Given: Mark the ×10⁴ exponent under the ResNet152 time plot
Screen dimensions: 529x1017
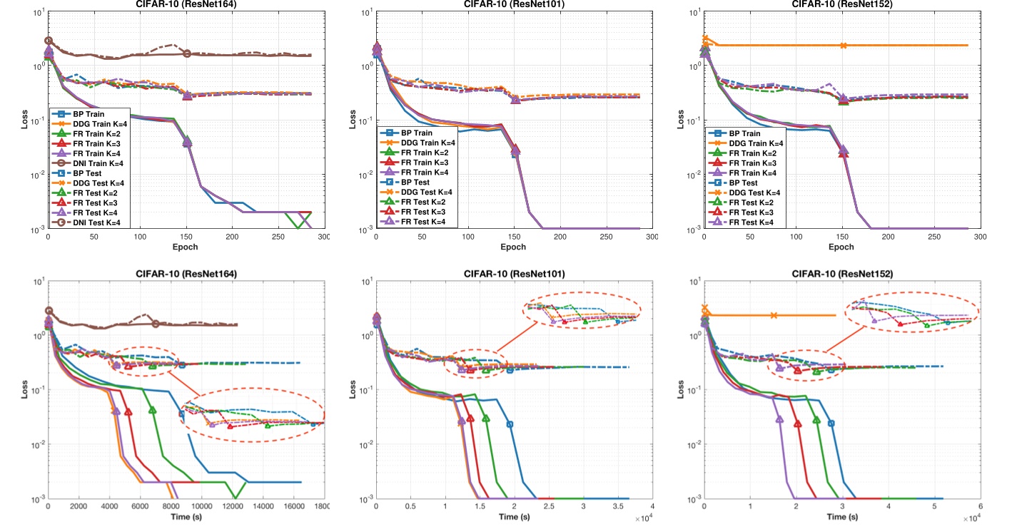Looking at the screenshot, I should (x=966, y=519).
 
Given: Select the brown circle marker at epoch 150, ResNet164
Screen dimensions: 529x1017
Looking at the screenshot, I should (x=187, y=53).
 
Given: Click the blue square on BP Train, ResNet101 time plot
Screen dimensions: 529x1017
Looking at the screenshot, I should (x=510, y=424).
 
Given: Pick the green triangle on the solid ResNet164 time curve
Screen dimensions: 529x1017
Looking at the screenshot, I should (x=152, y=410).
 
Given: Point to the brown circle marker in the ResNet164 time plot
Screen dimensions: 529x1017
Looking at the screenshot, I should (x=156, y=324).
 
